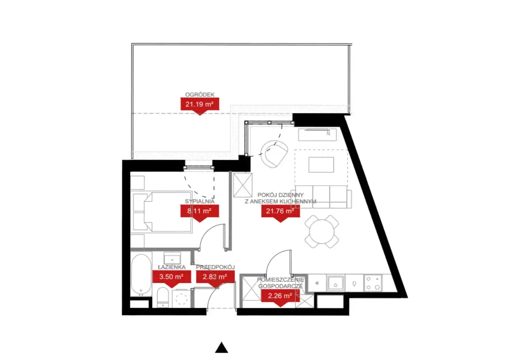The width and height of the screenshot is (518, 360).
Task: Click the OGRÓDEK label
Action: [200, 95]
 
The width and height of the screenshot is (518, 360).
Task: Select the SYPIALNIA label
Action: [200, 201]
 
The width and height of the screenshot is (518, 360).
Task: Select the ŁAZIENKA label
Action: [172, 267]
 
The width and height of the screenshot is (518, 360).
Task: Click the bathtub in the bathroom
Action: [141, 275]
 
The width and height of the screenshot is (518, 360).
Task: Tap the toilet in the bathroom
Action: [163, 297]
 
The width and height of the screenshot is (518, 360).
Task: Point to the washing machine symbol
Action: [182, 298]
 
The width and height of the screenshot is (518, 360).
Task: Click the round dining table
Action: [322, 231]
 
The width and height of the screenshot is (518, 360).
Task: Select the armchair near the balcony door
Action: [274, 154]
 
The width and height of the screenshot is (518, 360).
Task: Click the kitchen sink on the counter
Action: [335, 283]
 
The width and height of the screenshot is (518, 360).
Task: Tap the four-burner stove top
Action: [373, 283]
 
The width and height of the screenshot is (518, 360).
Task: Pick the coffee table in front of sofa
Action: [321, 165]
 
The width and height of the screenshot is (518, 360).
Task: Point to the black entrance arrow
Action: [221, 347]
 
